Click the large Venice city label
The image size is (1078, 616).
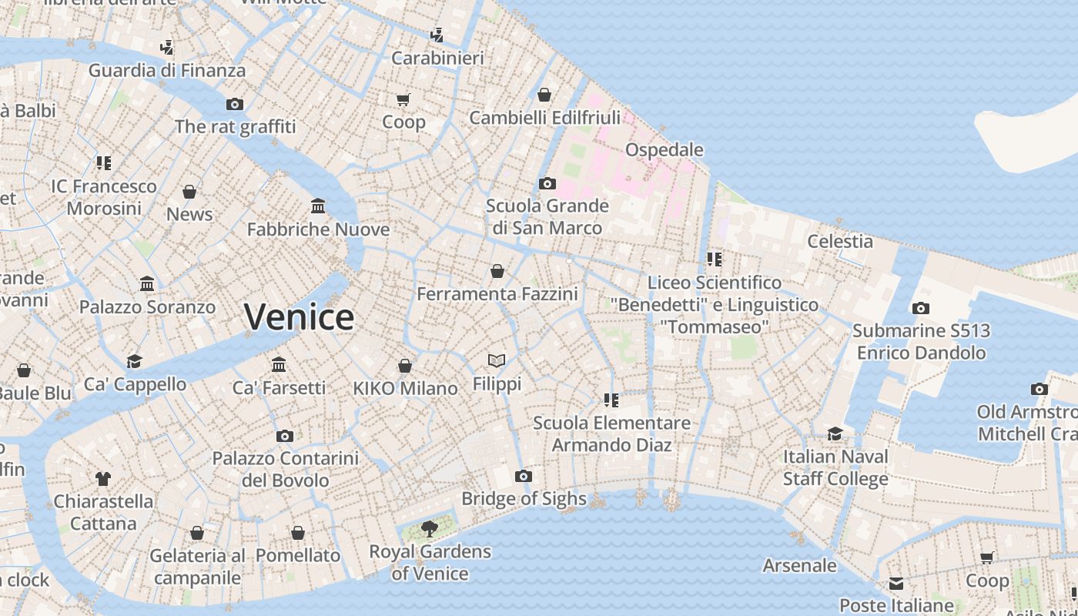click(x=299, y=316)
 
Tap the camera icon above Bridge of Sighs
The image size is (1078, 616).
click(x=524, y=476)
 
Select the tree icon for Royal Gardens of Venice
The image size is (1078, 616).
click(x=430, y=529)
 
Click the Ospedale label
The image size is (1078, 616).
click(x=664, y=149)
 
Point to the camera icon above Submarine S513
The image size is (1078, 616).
click(x=920, y=308)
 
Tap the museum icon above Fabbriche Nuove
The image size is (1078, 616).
click(x=318, y=206)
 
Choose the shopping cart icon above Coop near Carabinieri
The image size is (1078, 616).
click(x=403, y=99)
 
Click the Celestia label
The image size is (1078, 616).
click(x=840, y=241)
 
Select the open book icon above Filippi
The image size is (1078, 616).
click(x=497, y=360)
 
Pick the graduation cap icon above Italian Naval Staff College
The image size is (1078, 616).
click(x=835, y=434)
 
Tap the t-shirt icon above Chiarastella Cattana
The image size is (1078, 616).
click(x=103, y=478)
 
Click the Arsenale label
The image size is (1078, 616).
click(x=799, y=565)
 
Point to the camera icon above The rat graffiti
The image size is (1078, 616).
click(x=235, y=104)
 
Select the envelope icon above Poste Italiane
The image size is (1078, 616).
click(x=896, y=583)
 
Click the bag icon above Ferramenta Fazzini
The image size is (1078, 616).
click(x=497, y=271)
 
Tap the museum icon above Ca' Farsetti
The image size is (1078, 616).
click(x=279, y=364)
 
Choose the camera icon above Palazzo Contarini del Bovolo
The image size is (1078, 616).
click(x=285, y=436)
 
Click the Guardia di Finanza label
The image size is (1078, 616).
click(x=167, y=70)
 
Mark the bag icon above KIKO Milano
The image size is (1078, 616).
click(x=405, y=366)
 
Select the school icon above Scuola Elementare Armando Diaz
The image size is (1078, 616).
click(x=611, y=400)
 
